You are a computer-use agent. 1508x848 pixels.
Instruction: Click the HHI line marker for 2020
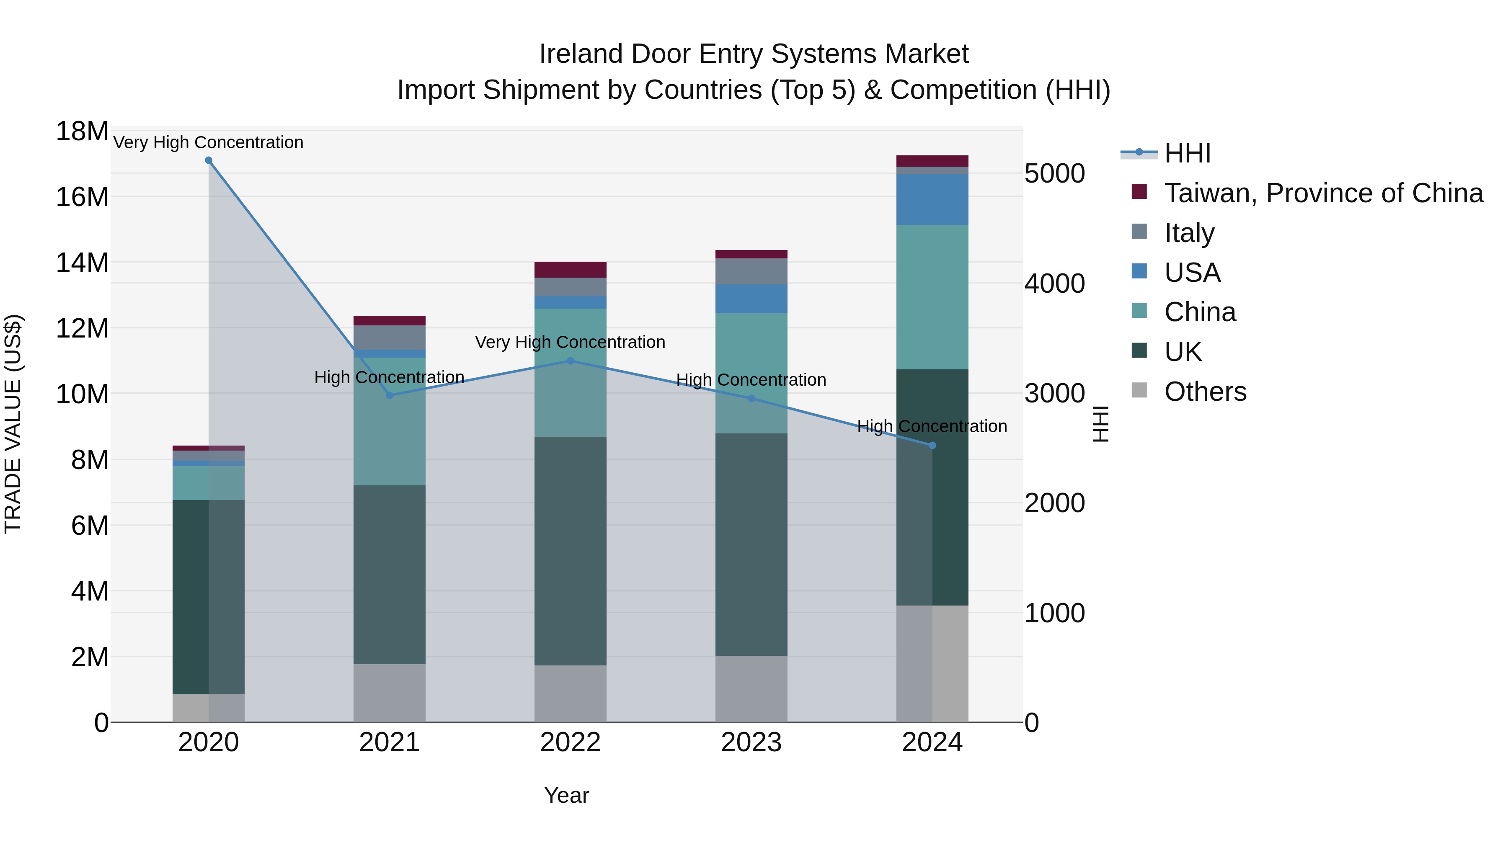point(209,160)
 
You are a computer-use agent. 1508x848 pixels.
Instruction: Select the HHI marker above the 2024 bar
point(932,446)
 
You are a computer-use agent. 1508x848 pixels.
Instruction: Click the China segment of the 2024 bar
point(932,297)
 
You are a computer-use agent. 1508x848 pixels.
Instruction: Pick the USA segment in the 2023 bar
point(751,299)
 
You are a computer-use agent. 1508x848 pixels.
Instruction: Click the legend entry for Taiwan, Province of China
point(1323,193)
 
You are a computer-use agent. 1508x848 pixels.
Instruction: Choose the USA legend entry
point(1192,273)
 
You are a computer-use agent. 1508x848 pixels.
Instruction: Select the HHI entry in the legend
point(1187,153)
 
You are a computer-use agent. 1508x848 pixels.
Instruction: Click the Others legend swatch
point(1139,390)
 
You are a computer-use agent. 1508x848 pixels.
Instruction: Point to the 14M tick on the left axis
point(82,263)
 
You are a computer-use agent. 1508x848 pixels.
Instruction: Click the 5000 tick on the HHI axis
point(1054,174)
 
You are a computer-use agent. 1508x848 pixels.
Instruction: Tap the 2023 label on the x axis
point(751,742)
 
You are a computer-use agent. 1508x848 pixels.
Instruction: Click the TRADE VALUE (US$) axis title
point(13,424)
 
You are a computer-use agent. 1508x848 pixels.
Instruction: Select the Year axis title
point(566,795)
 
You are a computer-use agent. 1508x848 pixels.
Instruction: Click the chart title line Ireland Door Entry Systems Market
point(754,54)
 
